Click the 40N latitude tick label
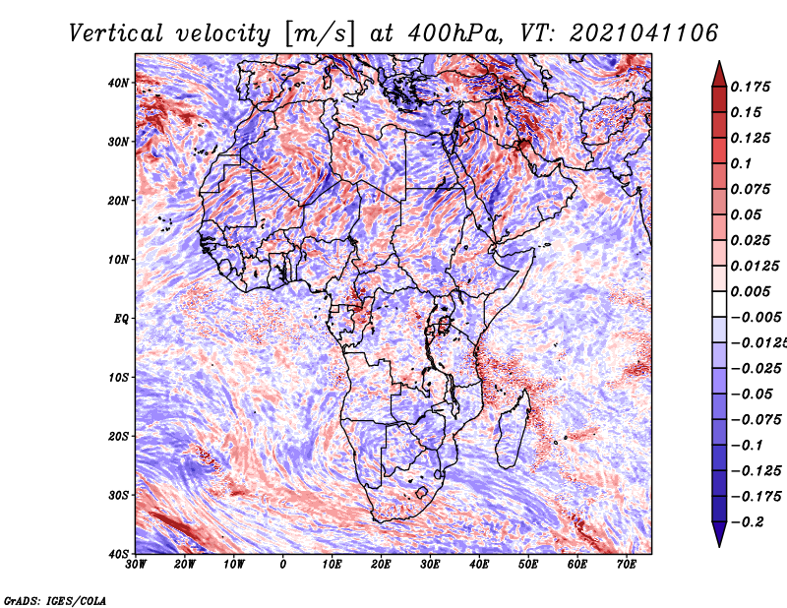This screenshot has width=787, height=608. tap(118, 83)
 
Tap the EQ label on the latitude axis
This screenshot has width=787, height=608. tap(121, 319)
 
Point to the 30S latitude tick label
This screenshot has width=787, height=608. tap(118, 496)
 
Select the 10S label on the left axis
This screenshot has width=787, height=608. tap(118, 378)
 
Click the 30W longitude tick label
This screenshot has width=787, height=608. tap(136, 565)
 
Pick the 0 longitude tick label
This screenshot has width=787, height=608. tap(283, 565)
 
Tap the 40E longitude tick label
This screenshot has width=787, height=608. tap(479, 565)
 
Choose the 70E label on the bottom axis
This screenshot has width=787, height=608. tap(627, 565)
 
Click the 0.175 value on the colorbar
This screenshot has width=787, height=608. tap(750, 87)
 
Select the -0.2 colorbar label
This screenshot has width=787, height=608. tap(747, 522)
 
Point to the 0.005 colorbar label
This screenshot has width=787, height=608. tap(750, 291)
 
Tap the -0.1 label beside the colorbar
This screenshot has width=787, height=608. tap(747, 446)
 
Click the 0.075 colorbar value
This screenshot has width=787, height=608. tap(750, 189)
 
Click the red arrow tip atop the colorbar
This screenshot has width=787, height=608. tap(719, 74)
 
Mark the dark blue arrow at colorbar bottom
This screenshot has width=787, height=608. tap(719, 534)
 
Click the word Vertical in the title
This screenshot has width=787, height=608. tap(116, 33)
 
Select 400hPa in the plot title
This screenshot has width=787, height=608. tap(455, 33)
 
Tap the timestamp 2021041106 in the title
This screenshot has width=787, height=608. tap(643, 33)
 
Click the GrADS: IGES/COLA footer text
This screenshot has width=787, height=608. tap(55, 600)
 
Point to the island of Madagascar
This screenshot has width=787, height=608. tap(513, 429)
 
